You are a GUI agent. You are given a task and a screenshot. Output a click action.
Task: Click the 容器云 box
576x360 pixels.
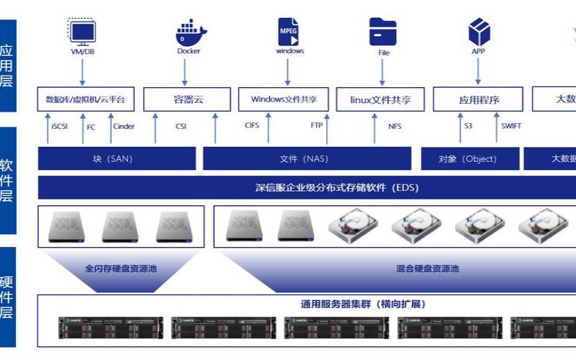pos(189,99)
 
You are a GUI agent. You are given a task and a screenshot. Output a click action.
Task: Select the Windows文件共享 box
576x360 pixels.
pos(288,99)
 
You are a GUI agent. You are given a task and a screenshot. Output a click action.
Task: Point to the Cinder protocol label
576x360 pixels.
pos(123,126)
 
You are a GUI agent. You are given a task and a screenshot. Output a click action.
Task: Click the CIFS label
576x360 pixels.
pos(252,125)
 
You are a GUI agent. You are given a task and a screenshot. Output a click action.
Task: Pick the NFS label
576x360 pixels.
pos(395,126)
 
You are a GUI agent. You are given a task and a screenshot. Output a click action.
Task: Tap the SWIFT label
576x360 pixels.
pos(511,126)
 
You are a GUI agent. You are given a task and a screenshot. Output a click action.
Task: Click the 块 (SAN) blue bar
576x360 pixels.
pos(117,158)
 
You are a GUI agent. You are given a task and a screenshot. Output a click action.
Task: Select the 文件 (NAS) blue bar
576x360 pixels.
pos(307,158)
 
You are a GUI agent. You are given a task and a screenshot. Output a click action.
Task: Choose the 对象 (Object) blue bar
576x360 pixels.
pos(468,158)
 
